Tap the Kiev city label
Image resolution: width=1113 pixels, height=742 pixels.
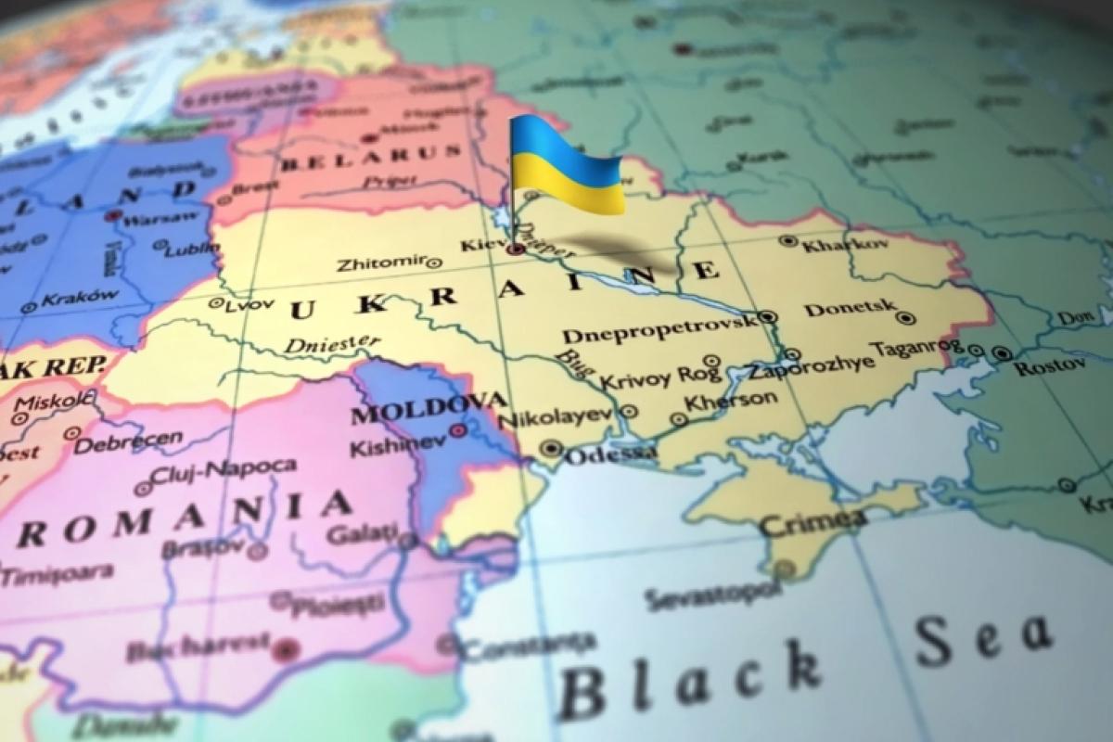tap(480, 247)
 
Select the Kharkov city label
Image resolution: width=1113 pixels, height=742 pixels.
tap(833, 246)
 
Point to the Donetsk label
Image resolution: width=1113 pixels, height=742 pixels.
tap(851, 308)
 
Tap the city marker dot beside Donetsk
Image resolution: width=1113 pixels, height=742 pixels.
tap(905, 318)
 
